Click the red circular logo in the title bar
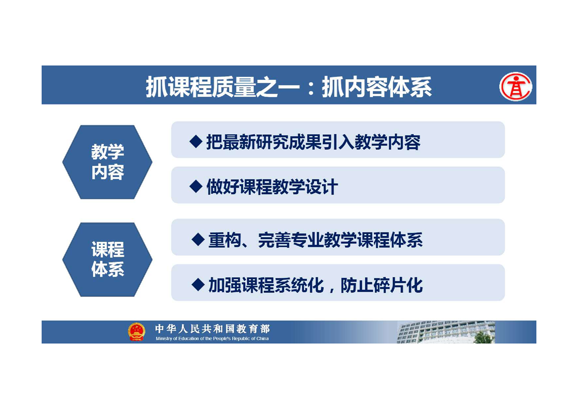pos(516,87)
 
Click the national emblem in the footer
pos(137,331)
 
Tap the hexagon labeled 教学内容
pos(107,162)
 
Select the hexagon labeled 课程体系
pos(107,260)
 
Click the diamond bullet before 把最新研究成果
pos(196,141)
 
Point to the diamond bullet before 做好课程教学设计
pos(196,186)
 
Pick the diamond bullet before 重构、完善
pos(198,240)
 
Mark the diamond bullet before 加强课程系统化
pos(198,285)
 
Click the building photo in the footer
pos(446,332)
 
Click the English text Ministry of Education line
pos(212,339)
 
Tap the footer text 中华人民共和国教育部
pos(213,328)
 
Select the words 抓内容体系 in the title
pos(377,87)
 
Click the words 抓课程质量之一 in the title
pos(222,87)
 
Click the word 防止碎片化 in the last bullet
pos(382,285)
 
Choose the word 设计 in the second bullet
pos(321,187)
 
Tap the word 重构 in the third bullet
pos(225,240)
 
